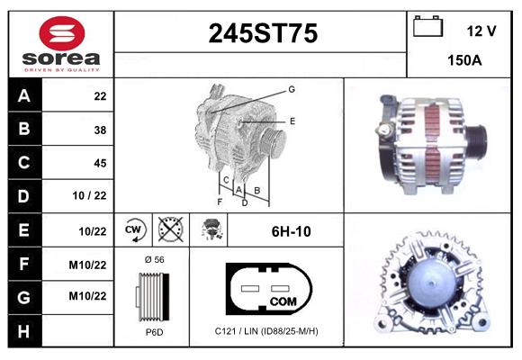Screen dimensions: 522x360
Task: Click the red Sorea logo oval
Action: click(62, 33)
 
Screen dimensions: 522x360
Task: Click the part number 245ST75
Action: click(263, 33)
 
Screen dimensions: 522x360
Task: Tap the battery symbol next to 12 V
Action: click(427, 26)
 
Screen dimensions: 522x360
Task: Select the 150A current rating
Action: click(464, 60)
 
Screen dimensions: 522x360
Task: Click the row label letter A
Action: click(24, 96)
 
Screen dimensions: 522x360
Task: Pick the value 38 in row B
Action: click(100, 130)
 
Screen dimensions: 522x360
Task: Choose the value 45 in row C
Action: click(100, 163)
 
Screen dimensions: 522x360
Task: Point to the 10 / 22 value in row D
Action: click(89, 195)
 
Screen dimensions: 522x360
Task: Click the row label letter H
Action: click(23, 331)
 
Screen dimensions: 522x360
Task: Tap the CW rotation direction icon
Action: click(133, 229)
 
